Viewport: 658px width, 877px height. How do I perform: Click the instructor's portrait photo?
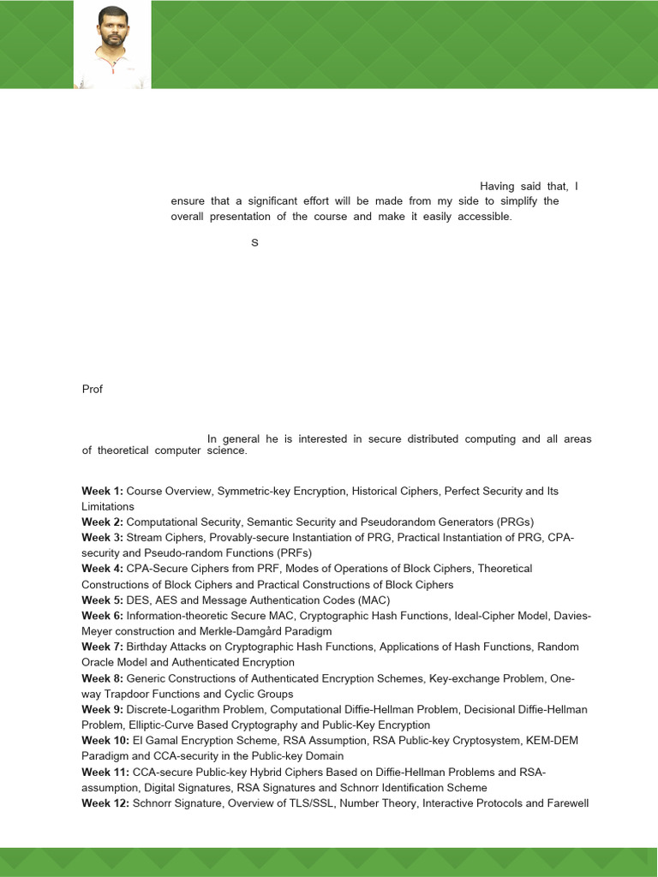click(113, 45)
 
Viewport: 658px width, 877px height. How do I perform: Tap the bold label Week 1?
click(103, 491)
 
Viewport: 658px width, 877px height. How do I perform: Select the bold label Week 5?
click(103, 600)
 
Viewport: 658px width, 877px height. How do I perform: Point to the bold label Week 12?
click(105, 802)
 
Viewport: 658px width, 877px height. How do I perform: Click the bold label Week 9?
click(103, 709)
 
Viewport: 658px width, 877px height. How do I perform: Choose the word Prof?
click(93, 389)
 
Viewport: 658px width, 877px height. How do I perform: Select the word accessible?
click(482, 217)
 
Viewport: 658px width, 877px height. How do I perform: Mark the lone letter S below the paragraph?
click(254, 243)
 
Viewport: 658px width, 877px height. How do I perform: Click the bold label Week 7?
click(103, 647)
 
